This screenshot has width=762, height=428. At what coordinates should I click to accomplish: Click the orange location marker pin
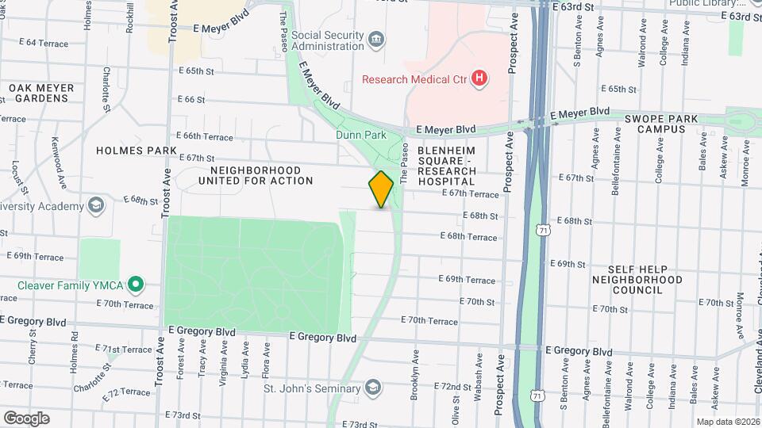[382, 189]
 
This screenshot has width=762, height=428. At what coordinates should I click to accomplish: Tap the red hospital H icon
[479, 78]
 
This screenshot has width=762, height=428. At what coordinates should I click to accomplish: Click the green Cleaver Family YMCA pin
[136, 284]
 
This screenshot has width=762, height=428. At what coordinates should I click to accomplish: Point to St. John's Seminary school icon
[373, 387]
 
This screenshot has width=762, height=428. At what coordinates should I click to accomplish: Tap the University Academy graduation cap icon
[96, 207]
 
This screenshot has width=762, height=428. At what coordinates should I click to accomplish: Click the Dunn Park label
[361, 135]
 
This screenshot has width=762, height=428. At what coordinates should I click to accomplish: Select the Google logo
[26, 418]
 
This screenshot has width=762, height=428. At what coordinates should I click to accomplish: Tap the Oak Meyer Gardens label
[41, 93]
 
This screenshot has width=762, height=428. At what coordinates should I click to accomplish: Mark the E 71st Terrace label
[123, 350]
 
